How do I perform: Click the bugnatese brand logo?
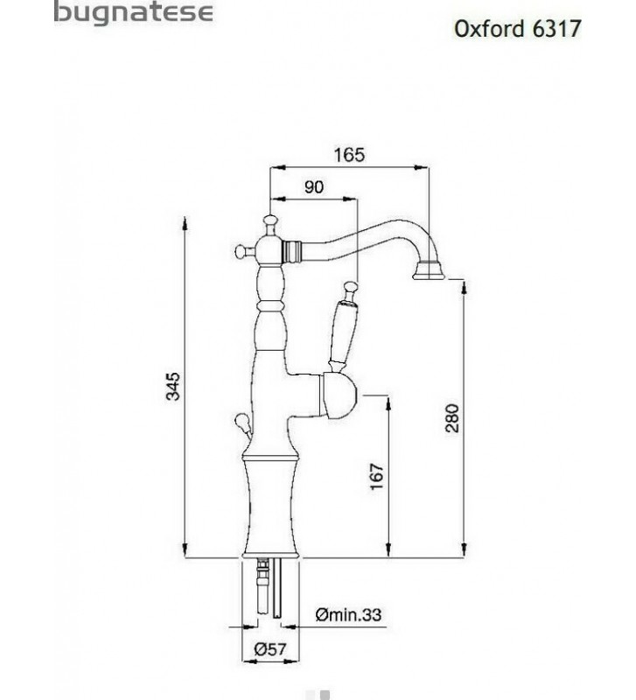pos(133,11)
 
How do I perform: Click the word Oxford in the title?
pos(489,28)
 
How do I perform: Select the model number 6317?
pos(556,28)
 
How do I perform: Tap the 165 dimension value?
pos(349,155)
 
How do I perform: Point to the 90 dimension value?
pos(314,187)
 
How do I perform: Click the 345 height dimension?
pos(172,386)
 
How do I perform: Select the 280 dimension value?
pos(452,418)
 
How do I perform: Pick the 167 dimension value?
pos(377,477)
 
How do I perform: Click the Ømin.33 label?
pos(348,615)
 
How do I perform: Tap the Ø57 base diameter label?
pos(269,648)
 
